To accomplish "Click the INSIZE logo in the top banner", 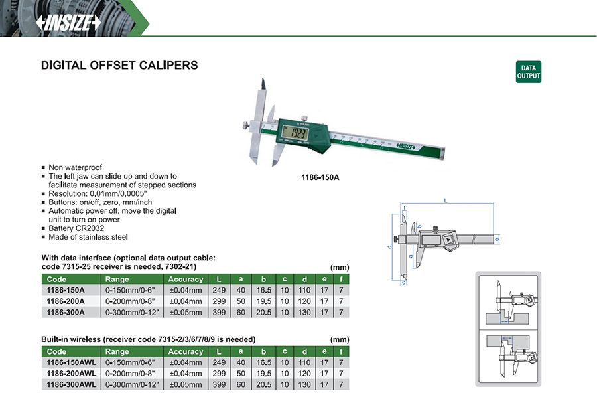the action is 69,23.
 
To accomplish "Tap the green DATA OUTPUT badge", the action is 529,72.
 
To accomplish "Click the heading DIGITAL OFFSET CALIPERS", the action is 119,65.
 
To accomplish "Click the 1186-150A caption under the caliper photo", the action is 320,177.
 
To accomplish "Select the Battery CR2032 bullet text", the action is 76,228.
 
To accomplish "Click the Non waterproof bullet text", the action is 76,167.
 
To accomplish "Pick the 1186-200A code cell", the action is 66,301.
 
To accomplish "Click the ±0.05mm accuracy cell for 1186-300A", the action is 186,312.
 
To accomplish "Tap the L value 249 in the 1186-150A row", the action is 219,290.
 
